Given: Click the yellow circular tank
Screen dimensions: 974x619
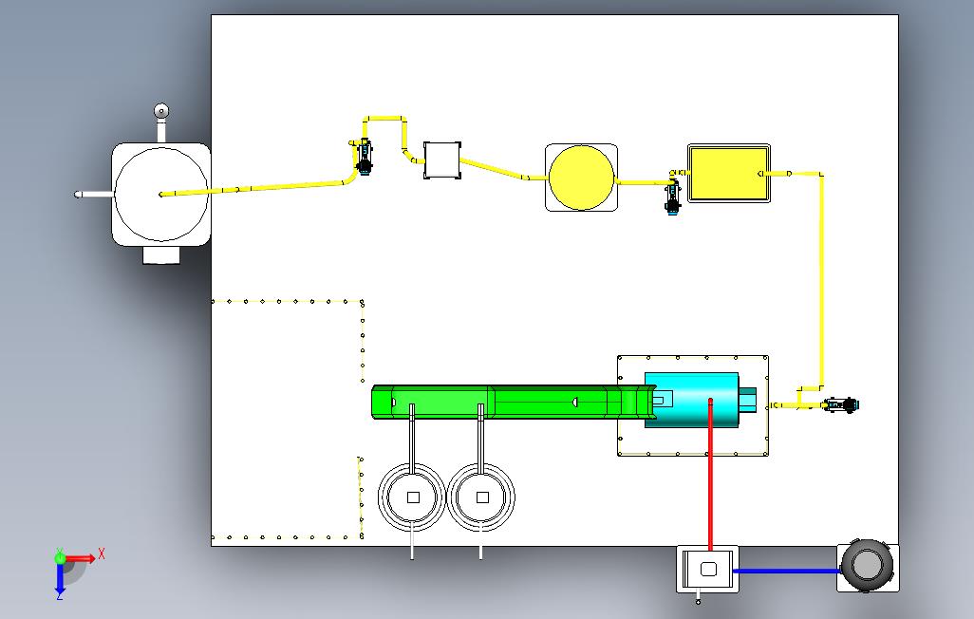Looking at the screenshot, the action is [581, 178].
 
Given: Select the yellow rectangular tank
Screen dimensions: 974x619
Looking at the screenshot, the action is [729, 174].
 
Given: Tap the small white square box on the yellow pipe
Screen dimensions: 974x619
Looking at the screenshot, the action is [442, 160].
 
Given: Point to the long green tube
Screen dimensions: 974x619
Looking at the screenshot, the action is [513, 402].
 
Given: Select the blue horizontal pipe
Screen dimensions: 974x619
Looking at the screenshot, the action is [787, 571].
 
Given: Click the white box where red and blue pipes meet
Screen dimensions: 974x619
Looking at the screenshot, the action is [707, 570].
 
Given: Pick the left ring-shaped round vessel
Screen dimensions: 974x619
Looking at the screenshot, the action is [412, 497].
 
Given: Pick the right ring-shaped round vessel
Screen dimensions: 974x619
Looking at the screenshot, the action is [481, 497].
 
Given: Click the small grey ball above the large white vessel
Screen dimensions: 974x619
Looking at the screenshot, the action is [161, 112].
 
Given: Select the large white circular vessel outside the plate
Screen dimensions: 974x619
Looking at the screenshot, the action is [161, 195].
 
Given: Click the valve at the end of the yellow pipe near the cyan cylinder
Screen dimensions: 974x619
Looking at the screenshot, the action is [841, 405].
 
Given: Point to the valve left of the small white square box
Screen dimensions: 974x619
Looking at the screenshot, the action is [364, 157].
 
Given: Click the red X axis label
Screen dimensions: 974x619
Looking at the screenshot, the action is [102, 553].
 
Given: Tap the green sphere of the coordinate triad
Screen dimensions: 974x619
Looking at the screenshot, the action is [60, 558].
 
